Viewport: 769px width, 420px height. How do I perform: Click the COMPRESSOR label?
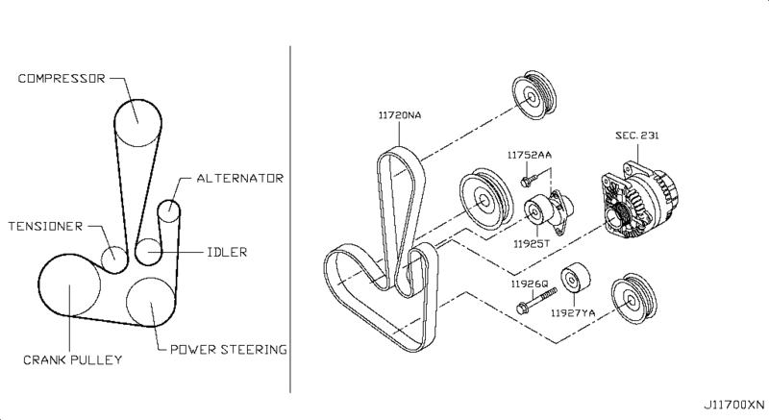(x=62, y=79)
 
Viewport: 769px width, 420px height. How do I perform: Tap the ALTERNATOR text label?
(x=239, y=178)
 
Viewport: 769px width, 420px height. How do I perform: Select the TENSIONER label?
(x=45, y=226)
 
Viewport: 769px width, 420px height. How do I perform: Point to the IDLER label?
(x=227, y=252)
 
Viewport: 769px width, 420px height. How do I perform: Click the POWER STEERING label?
(x=229, y=350)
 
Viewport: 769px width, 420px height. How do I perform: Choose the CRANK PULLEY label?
(x=73, y=359)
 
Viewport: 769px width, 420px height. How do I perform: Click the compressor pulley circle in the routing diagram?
(x=137, y=122)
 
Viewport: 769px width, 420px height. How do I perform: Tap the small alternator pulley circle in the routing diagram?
(x=169, y=211)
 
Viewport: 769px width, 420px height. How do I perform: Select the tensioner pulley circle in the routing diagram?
(x=114, y=259)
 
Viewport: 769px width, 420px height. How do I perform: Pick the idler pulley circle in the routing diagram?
(x=149, y=252)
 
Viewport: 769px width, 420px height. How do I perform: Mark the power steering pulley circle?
(x=151, y=302)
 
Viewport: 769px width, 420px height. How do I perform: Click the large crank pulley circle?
(x=69, y=285)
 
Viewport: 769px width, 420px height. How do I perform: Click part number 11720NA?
(x=400, y=115)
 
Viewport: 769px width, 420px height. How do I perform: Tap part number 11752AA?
(x=530, y=155)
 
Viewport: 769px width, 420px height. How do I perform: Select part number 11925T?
(x=532, y=243)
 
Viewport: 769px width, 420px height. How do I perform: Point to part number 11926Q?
(x=530, y=284)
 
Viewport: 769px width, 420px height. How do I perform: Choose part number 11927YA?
(x=573, y=313)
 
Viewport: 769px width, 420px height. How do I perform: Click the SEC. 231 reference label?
(x=637, y=136)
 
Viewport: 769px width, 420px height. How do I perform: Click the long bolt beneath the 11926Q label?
(x=536, y=301)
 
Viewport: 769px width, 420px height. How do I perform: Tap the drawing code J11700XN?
(x=733, y=405)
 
